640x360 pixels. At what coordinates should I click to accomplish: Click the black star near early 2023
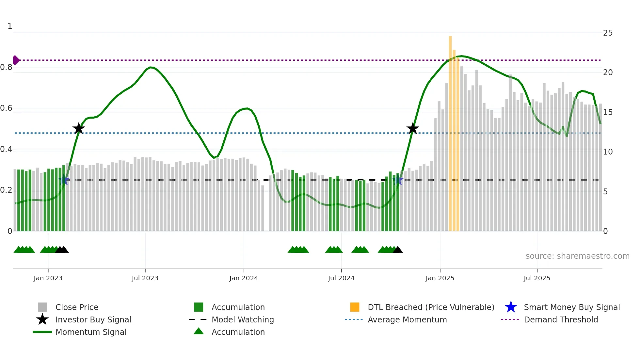coord(78,129)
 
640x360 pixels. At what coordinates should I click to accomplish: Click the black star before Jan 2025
coord(412,129)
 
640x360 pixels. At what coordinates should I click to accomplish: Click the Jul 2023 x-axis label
coord(145,278)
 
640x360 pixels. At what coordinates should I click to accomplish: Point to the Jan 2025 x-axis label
coord(440,278)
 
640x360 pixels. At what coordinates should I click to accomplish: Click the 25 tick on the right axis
coord(608,33)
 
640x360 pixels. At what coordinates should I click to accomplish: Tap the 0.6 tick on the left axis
coord(6,108)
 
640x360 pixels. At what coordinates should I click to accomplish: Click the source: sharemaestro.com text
coord(577,256)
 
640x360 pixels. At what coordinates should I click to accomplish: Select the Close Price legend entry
coord(77,307)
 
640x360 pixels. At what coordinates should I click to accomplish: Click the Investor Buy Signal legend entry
coord(93,319)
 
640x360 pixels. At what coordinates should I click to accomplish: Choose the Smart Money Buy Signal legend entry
coord(571,307)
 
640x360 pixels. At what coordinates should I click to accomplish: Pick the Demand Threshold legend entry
coord(561,319)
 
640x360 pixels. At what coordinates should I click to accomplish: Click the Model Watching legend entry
coord(242,319)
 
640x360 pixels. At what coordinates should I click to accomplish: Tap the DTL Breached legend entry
coord(431,307)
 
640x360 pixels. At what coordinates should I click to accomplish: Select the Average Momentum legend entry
coord(407,319)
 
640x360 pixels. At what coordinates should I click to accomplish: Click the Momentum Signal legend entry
coord(91,332)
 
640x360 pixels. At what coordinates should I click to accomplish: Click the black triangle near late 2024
coord(398,250)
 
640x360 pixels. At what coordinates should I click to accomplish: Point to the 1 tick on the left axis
coord(10,26)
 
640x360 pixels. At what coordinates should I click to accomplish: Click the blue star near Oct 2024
coord(398,180)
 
